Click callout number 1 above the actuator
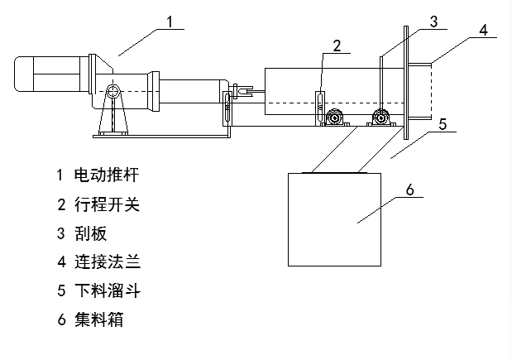(x=170, y=21)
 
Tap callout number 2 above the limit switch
(x=337, y=46)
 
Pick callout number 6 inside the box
(x=409, y=190)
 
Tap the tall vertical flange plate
(x=405, y=83)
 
